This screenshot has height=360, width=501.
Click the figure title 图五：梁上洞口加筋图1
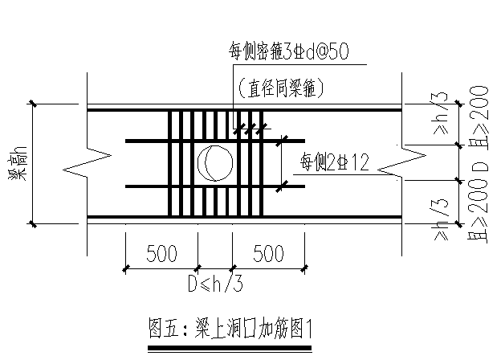[230, 329]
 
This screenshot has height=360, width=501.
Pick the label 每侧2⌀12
[333, 163]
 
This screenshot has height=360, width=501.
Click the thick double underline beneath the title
[230, 347]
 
